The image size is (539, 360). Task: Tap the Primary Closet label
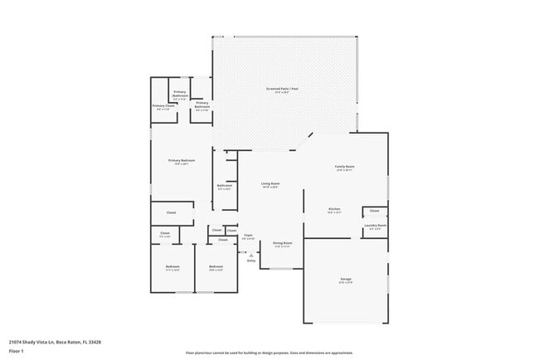(x=163, y=106)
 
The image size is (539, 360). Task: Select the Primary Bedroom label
(x=180, y=161)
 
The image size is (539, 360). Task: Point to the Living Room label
(x=270, y=184)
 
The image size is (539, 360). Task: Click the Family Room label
(x=344, y=168)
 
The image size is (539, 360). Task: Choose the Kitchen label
(x=334, y=209)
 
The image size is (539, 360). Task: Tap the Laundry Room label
(x=374, y=226)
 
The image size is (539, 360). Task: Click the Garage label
(x=345, y=280)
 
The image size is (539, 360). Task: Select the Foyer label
(x=247, y=236)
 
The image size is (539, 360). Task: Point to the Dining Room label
(x=282, y=244)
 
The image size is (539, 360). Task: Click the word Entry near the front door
(x=250, y=260)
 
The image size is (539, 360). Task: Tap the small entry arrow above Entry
(x=250, y=255)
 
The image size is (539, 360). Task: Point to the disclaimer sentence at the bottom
(x=269, y=352)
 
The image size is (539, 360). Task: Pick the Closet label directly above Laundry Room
(x=374, y=211)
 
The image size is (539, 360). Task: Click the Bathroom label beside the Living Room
(x=225, y=186)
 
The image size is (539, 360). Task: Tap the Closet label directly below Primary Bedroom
(x=172, y=212)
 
